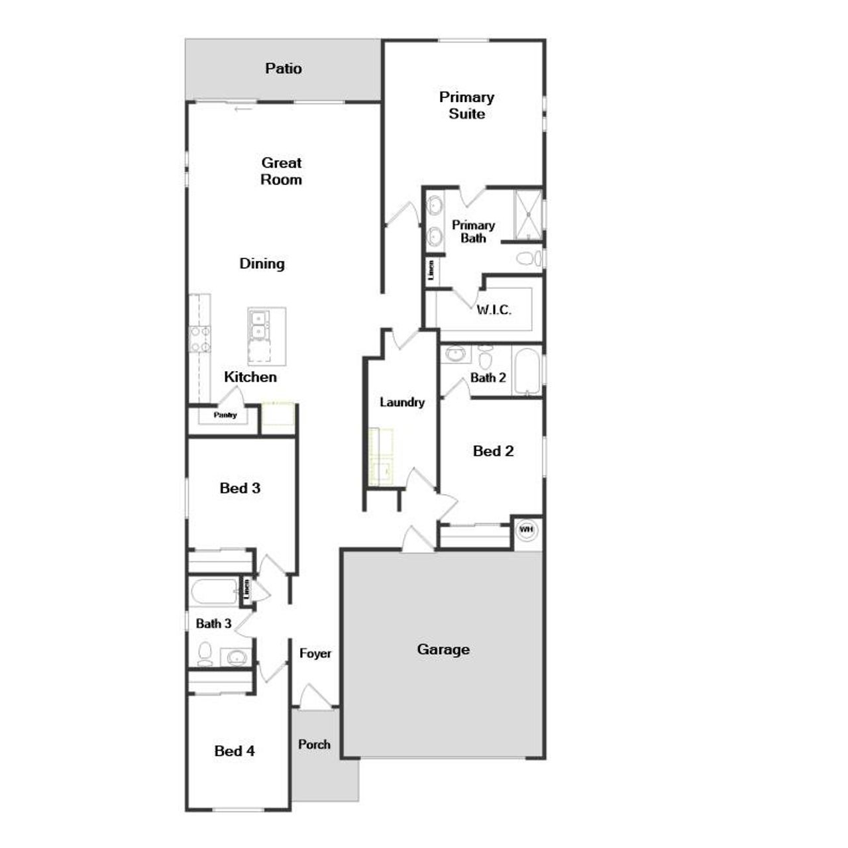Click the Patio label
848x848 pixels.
(284, 68)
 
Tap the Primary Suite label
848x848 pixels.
(466, 105)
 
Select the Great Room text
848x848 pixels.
(282, 171)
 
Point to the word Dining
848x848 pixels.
(262, 264)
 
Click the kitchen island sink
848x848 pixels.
(258, 324)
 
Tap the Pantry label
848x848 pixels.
(225, 415)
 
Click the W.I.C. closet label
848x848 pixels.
(494, 309)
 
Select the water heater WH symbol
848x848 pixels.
(527, 530)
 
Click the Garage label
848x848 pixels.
(443, 649)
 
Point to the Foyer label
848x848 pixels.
(315, 653)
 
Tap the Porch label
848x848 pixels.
(314, 744)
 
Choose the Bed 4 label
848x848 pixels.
(235, 751)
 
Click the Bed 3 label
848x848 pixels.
(240, 488)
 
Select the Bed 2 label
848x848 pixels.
(494, 451)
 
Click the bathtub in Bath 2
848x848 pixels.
(527, 370)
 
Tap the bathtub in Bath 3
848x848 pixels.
(213, 592)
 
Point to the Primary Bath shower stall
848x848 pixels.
(528, 214)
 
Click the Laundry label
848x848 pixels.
(402, 402)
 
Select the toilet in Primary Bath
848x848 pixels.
(528, 258)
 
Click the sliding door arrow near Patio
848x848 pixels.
(244, 109)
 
